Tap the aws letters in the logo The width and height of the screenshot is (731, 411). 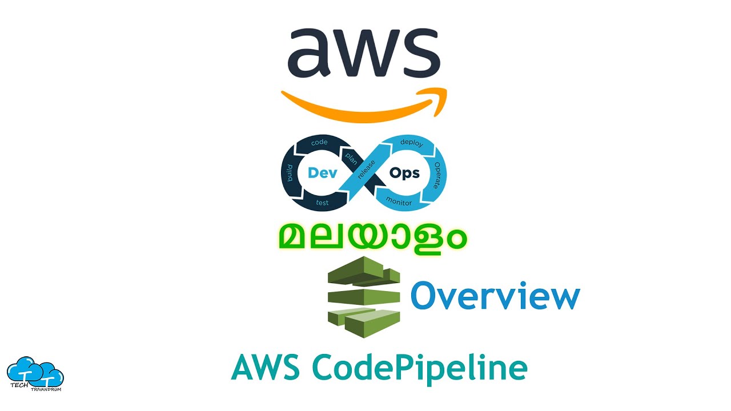point(364,54)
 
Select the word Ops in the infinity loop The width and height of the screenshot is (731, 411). point(404,173)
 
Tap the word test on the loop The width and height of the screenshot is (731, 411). point(322,203)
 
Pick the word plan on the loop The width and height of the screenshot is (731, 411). point(350,158)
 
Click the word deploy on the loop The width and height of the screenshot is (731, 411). point(411,143)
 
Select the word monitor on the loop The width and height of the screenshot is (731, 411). point(399,200)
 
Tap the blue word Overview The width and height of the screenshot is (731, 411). point(495,297)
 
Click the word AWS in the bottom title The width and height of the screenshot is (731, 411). point(266,368)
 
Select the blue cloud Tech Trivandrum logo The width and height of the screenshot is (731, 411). point(35,372)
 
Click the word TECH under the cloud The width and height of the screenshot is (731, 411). point(21,386)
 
